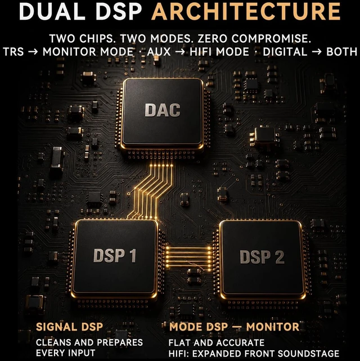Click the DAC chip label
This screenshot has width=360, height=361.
coord(163,110)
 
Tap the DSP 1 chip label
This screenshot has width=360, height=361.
coord(115,256)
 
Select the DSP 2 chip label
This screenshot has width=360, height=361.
coord(262,256)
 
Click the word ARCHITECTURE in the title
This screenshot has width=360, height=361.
coord(246,11)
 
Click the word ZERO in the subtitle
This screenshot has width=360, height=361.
coord(212,38)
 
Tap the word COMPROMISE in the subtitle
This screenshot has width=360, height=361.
coord(271,38)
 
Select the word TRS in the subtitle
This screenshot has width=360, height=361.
coord(13,52)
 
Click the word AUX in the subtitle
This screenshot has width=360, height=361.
coord(159,52)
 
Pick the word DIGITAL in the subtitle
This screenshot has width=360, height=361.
coord(285,52)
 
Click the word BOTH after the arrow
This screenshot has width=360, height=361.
coord(342,52)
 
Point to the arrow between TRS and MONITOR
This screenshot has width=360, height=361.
coord(33,52)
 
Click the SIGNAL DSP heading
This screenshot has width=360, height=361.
coord(69,327)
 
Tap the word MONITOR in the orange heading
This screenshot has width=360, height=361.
coord(273,327)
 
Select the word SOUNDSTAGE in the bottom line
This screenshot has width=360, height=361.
coord(308,354)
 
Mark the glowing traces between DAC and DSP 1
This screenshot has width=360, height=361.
coord(150,191)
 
